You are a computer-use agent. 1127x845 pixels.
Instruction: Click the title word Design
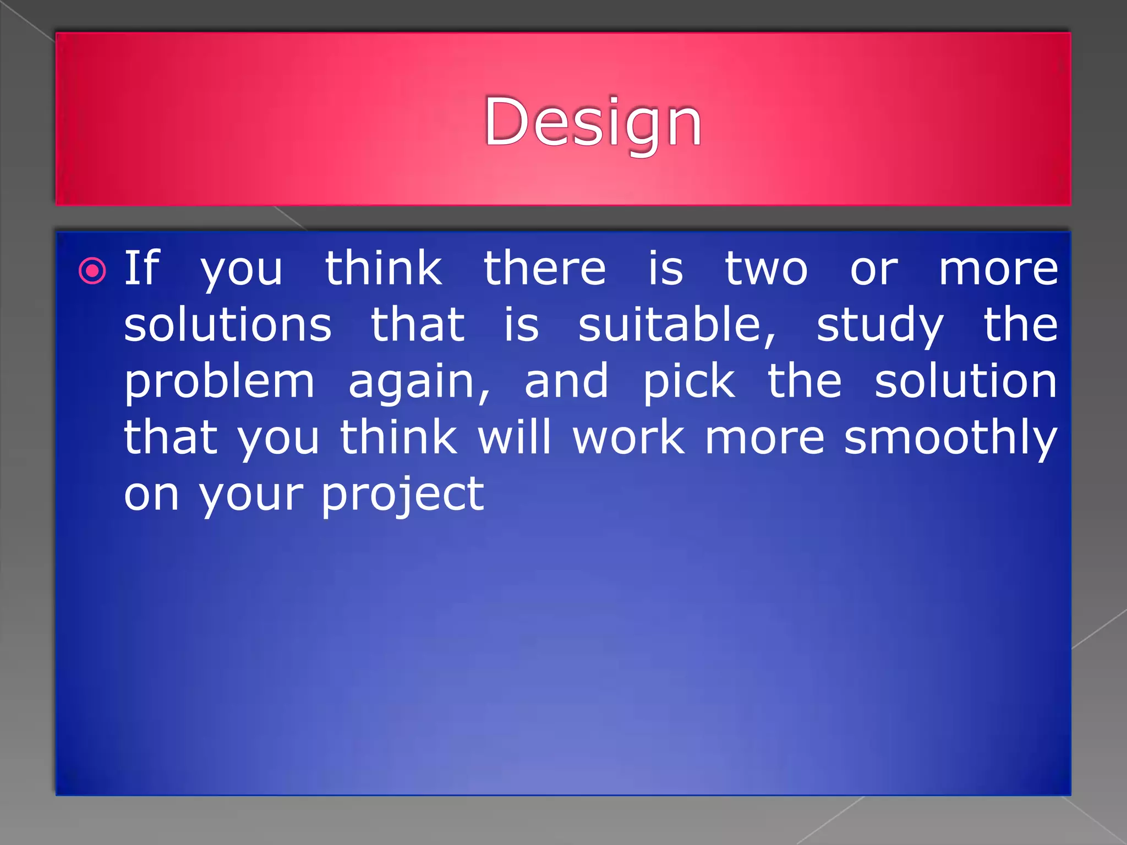593,122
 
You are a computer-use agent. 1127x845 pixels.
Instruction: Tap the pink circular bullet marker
92,271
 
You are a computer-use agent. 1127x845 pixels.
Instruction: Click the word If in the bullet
141,268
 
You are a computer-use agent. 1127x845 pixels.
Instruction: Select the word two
766,269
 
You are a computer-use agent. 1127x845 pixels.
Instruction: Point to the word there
545,268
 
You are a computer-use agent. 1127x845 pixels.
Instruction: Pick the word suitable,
677,326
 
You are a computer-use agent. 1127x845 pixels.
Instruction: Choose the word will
514,437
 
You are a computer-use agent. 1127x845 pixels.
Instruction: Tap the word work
629,437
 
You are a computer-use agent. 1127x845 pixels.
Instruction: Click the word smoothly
950,438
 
